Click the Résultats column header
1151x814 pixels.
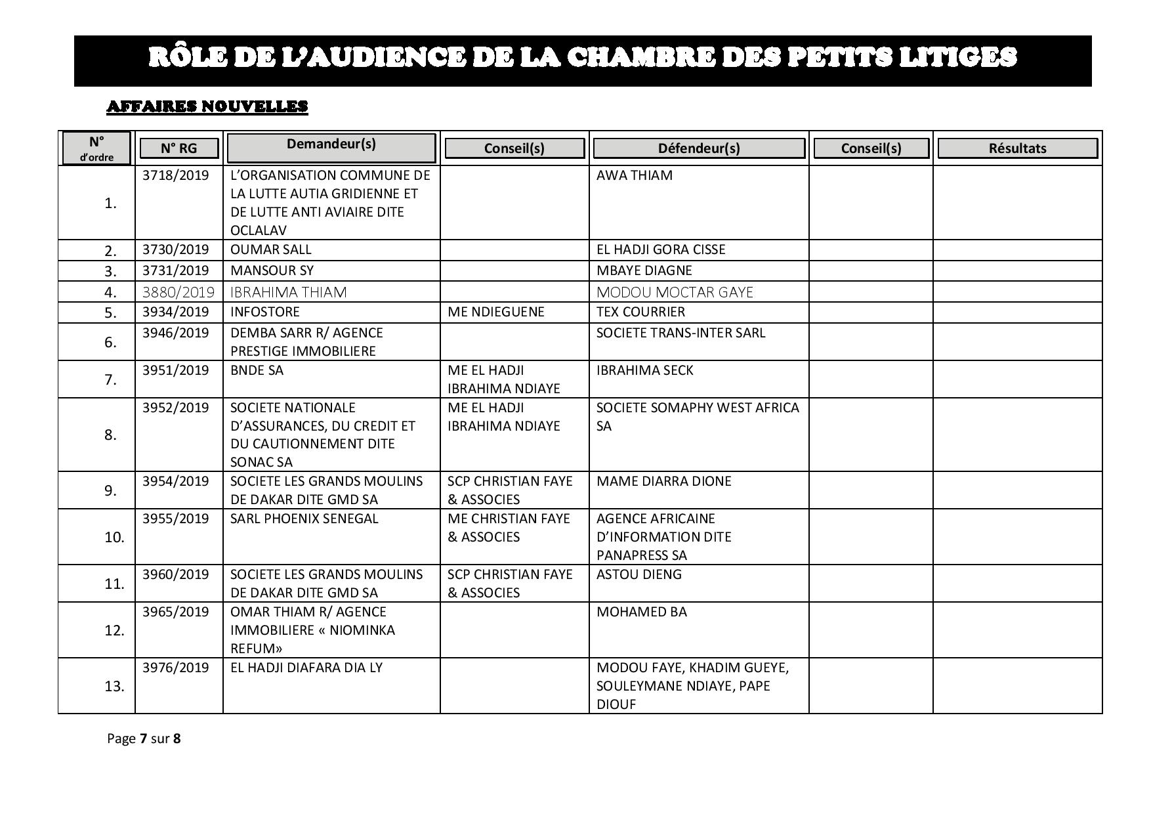tap(1017, 148)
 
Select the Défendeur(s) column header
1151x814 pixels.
tap(699, 148)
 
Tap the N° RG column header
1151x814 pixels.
tap(178, 148)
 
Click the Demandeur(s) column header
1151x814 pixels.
tap(331, 144)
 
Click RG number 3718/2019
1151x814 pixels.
tap(175, 175)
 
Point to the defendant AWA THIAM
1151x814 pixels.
tap(634, 175)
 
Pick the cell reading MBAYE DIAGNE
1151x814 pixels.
tap(644, 270)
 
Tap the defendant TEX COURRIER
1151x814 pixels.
tap(640, 312)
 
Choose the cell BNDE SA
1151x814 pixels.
tap(257, 370)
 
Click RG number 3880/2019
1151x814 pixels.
tap(178, 291)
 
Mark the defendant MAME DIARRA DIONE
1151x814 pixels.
tap(663, 481)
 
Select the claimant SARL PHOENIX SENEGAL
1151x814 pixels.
tap(304, 519)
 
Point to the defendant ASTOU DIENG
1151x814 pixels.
tap(638, 574)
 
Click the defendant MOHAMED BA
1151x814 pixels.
tap(641, 612)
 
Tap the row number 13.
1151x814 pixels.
tap(114, 686)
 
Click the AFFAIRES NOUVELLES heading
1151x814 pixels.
tap(207, 106)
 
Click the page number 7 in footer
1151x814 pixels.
tap(143, 739)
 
